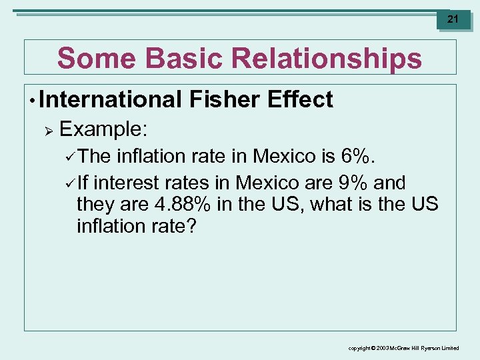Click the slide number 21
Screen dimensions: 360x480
(x=453, y=19)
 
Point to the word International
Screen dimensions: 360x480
(x=110, y=100)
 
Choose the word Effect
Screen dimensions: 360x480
(x=299, y=100)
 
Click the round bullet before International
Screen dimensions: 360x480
(x=31, y=101)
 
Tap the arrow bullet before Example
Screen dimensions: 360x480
(x=48, y=129)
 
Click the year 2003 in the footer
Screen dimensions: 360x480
(x=385, y=349)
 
